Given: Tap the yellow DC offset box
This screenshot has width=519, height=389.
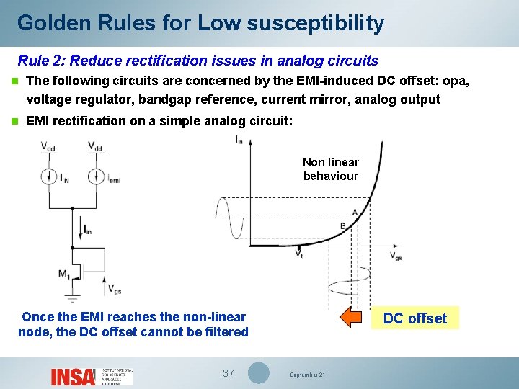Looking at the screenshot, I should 414,318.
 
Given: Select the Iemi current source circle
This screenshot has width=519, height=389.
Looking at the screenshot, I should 96,176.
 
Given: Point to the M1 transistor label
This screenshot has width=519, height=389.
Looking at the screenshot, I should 64,274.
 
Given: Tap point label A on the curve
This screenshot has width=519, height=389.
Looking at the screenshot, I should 355,211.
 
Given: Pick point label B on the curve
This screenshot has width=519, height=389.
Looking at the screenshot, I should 343,226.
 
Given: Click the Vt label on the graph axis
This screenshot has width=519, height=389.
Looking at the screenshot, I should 299,254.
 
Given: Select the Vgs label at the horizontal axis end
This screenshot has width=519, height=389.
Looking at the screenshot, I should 396,256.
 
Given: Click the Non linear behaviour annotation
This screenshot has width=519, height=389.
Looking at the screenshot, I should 330,169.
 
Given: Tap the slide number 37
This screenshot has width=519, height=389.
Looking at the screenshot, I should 229,373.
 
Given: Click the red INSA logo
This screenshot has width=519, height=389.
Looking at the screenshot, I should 73,376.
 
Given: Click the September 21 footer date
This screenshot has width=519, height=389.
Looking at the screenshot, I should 308,375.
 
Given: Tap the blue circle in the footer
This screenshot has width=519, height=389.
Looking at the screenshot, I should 258,373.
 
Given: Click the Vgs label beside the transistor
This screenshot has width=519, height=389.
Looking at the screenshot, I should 115,289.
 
